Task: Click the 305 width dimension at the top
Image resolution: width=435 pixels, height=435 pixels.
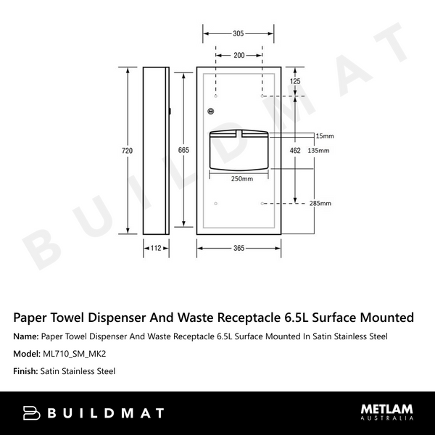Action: point(239,33)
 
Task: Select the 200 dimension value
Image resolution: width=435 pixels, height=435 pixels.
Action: point(239,55)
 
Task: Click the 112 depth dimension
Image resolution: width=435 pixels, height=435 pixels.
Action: point(155,248)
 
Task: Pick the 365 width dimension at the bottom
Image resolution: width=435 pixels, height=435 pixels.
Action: point(239,248)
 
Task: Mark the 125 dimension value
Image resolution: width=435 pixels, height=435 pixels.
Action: point(294,82)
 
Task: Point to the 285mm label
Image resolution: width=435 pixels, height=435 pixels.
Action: point(320,203)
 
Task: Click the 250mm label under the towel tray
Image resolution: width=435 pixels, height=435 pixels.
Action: point(241,179)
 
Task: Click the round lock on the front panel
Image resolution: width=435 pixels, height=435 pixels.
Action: point(211,111)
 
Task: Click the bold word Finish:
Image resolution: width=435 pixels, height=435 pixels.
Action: point(27,371)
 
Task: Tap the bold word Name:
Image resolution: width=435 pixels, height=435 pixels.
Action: point(27,336)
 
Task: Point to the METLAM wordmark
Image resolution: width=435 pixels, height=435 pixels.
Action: point(387,409)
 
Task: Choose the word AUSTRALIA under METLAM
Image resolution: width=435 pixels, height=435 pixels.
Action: point(387,419)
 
